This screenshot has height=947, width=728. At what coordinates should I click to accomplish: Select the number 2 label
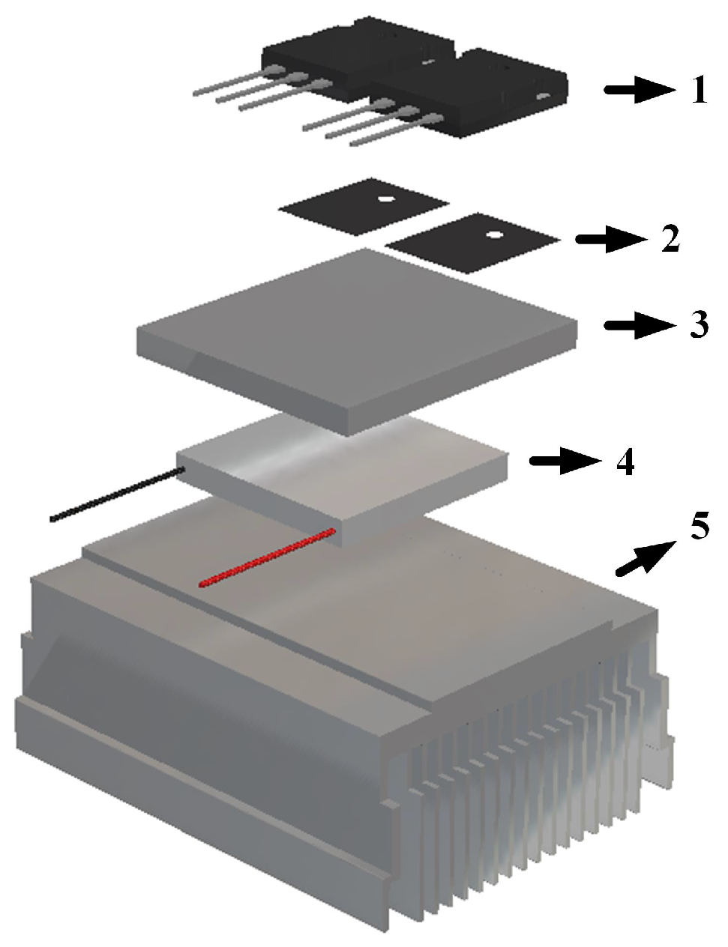click(x=670, y=238)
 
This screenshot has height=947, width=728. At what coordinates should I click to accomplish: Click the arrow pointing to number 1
click(x=639, y=91)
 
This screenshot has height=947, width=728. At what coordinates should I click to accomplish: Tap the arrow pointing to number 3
click(x=639, y=325)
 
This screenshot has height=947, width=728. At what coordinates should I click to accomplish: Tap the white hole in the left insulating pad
click(x=385, y=199)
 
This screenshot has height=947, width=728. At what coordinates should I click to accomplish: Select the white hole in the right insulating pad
click(x=494, y=235)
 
